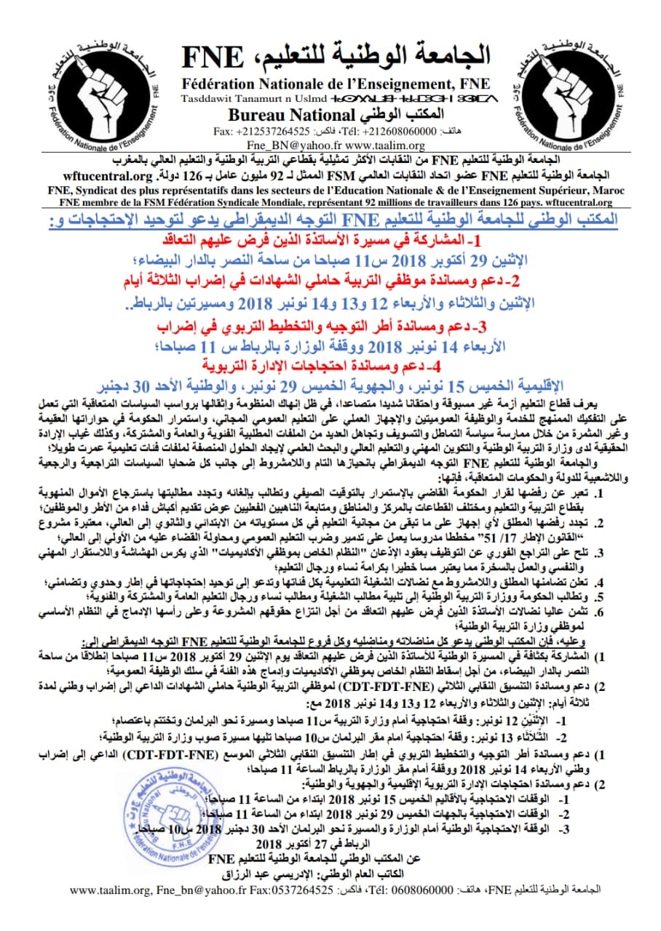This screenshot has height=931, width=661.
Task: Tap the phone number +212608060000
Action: coord(393,131)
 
